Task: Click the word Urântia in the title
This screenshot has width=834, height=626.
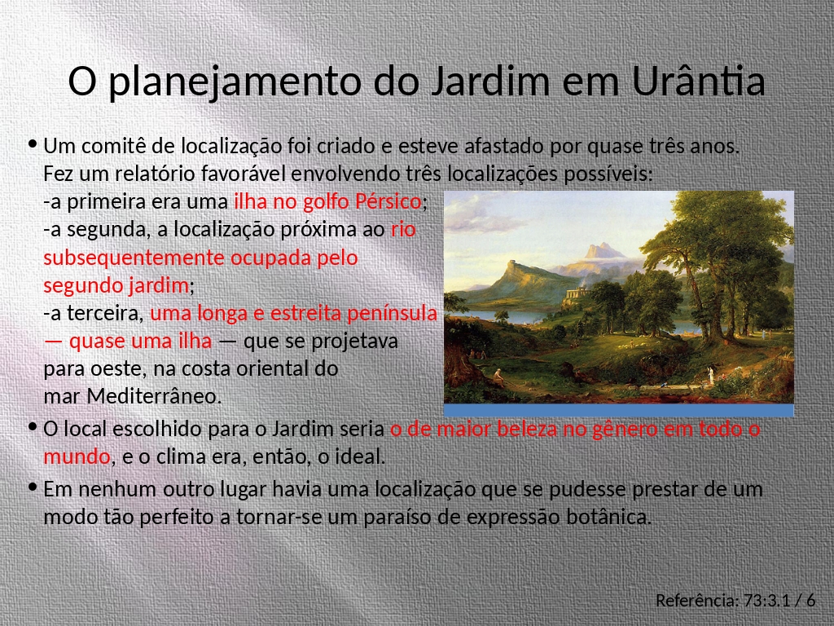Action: (x=698, y=81)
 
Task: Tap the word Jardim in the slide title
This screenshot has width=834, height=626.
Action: (x=489, y=81)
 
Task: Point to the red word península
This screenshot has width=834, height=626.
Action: (x=392, y=313)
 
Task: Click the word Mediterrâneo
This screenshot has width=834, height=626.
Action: (x=154, y=396)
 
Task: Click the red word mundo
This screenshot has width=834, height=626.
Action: (x=77, y=456)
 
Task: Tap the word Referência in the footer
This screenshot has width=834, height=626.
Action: (x=697, y=601)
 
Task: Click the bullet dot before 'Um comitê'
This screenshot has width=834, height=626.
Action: (x=33, y=143)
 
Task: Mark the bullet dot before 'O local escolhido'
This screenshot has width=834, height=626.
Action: (x=33, y=426)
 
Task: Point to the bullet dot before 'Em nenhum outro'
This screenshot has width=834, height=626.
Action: (x=33, y=487)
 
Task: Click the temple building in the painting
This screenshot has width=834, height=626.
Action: (x=577, y=293)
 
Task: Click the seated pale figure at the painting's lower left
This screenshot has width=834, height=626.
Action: (x=498, y=377)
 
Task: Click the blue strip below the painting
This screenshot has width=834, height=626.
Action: (x=619, y=410)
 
